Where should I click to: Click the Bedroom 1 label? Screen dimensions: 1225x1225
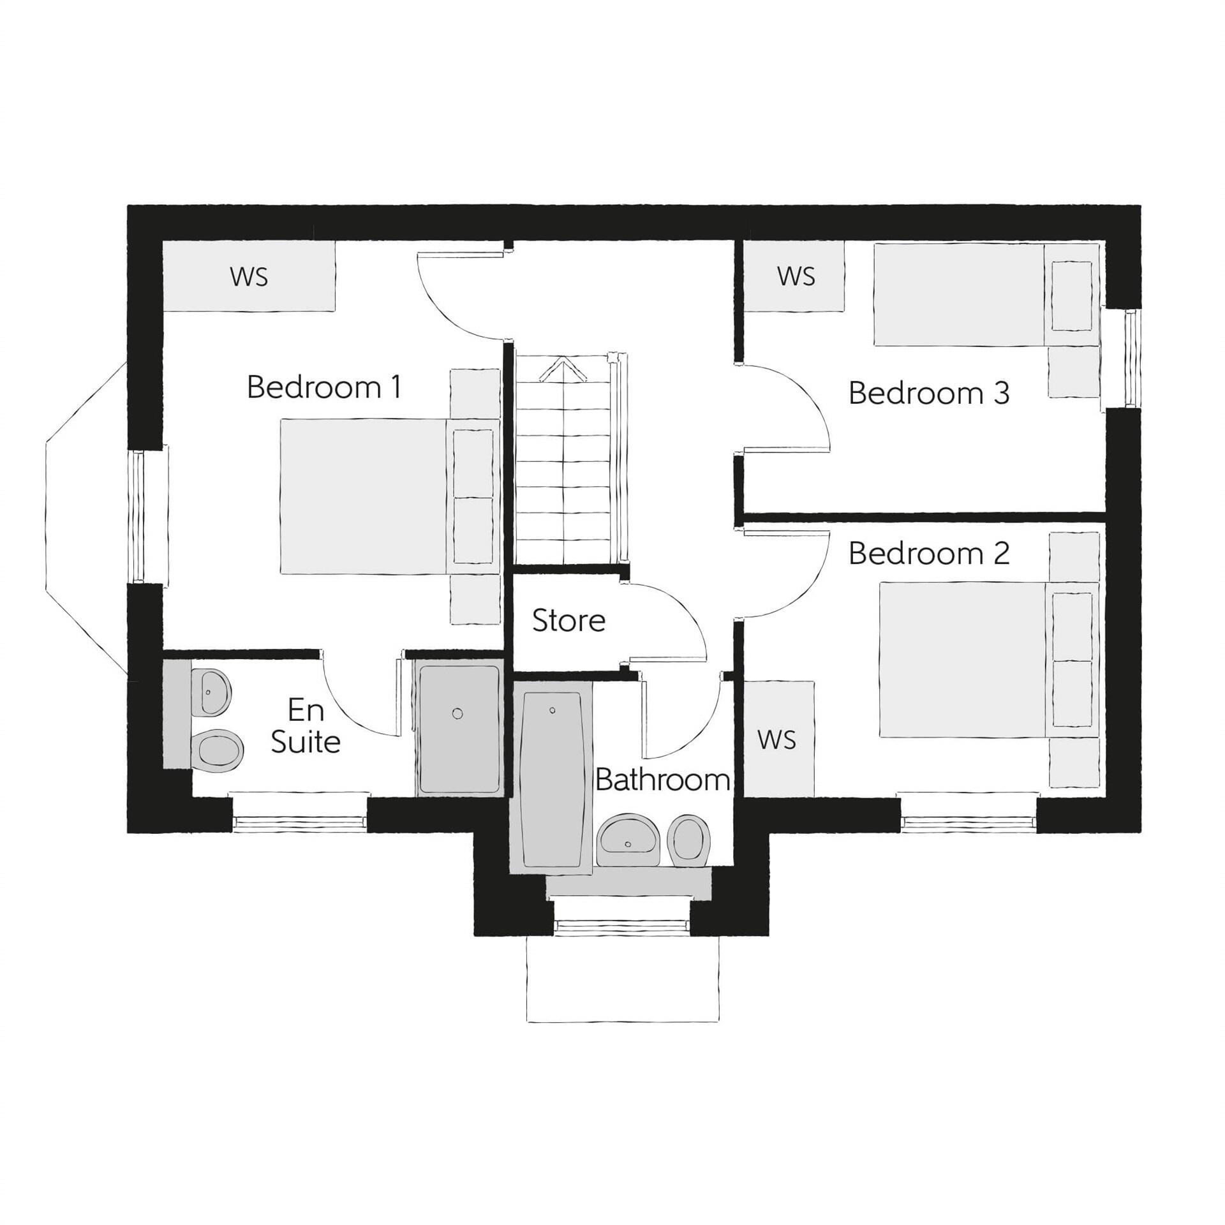point(324,387)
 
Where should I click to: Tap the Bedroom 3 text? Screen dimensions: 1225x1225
point(928,393)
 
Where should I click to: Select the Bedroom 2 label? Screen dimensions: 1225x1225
point(928,553)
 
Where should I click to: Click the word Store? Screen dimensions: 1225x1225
point(568,621)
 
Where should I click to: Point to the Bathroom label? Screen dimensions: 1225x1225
point(662,780)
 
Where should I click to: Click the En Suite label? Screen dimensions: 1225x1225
point(306,726)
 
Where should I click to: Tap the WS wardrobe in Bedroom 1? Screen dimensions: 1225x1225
point(249,276)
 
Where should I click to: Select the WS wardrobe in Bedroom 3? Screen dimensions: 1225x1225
point(796,276)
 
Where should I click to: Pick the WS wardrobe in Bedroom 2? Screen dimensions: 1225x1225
point(778,739)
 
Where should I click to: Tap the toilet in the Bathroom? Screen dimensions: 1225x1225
point(688,840)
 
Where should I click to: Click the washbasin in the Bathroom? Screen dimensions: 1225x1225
point(629,840)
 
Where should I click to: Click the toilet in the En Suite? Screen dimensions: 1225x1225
point(216,751)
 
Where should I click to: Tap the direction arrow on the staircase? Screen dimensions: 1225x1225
point(563,371)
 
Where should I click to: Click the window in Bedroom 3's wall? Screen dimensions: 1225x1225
point(1131,358)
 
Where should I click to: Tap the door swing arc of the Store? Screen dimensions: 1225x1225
point(689,612)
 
